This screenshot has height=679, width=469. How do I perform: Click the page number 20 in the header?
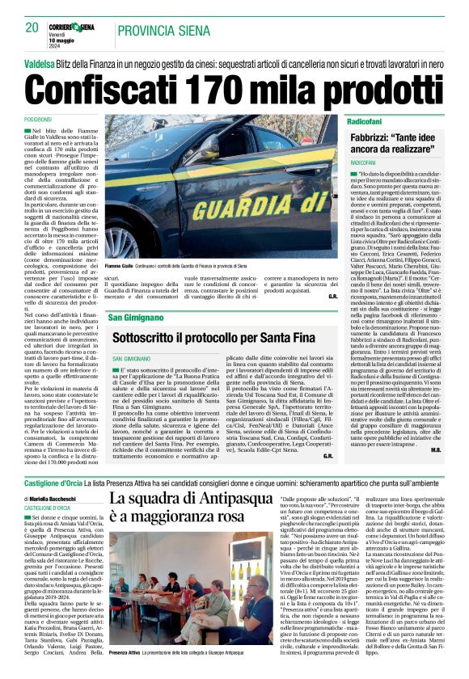[x=31, y=27]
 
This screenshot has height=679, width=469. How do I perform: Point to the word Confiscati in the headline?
[x=99, y=85]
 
